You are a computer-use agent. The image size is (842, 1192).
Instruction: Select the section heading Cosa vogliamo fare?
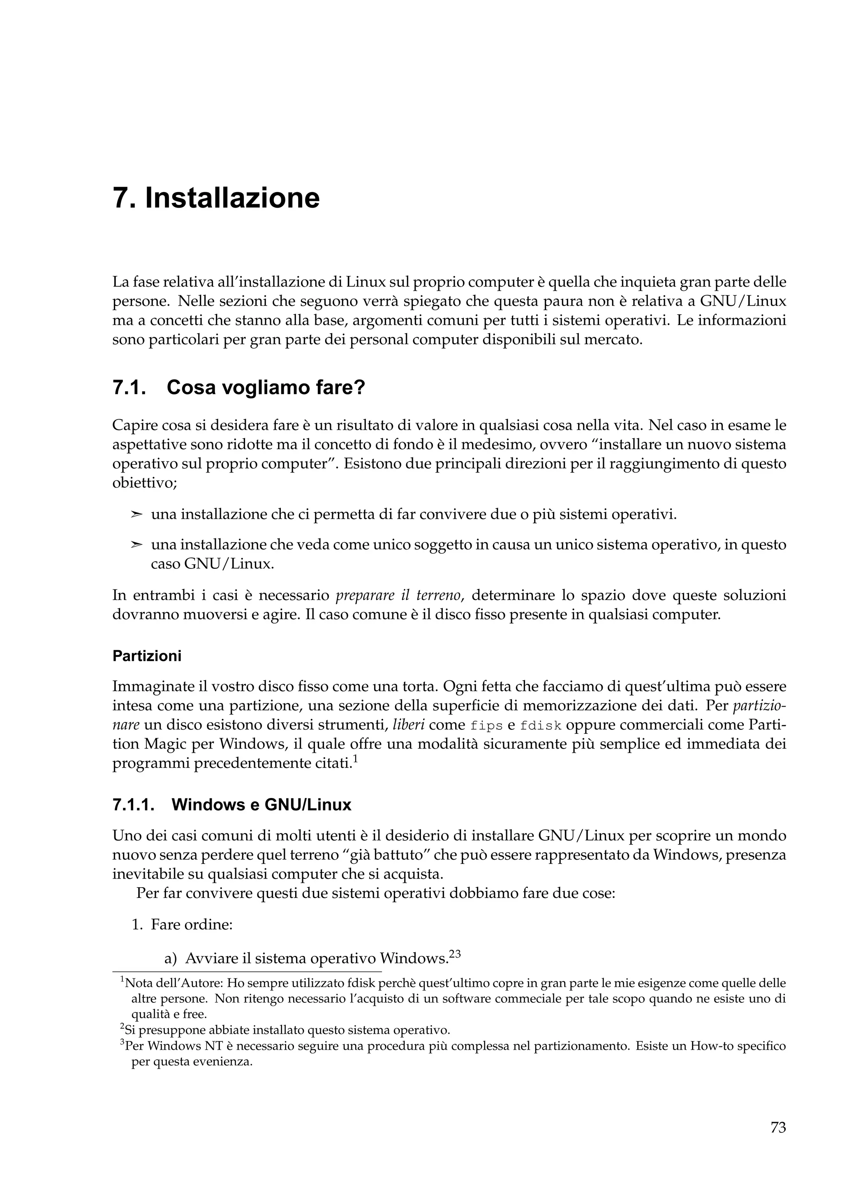[266, 387]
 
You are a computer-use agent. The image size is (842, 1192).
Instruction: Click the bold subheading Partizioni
[147, 656]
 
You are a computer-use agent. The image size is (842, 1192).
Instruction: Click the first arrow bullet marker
[136, 515]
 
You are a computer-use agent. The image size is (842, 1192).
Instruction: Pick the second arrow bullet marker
[136, 545]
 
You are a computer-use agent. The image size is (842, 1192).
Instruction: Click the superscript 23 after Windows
[454, 953]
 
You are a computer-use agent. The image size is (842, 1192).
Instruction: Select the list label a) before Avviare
[171, 958]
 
